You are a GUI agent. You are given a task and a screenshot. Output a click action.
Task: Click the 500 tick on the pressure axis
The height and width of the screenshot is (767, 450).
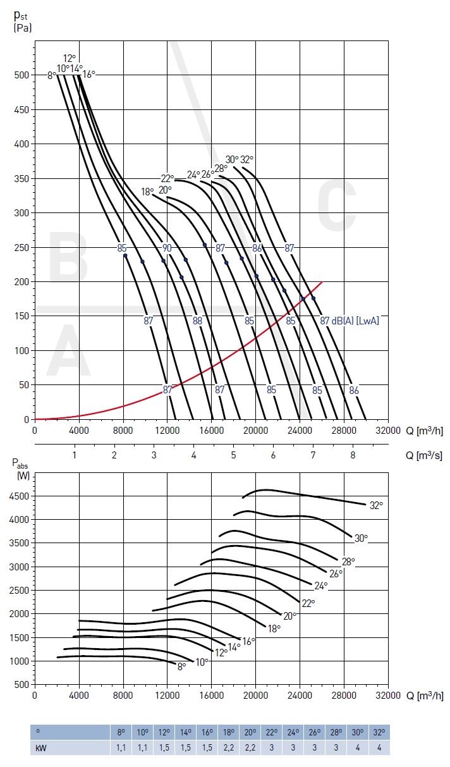(x=21, y=75)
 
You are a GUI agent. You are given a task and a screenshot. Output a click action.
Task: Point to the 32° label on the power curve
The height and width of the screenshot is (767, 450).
(x=377, y=505)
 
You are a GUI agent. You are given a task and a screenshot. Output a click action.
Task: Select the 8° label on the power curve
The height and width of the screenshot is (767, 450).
(x=182, y=666)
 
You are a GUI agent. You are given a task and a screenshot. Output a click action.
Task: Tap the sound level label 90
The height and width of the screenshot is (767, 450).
(x=167, y=248)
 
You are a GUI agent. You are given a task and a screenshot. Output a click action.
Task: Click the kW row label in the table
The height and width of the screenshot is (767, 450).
(x=42, y=747)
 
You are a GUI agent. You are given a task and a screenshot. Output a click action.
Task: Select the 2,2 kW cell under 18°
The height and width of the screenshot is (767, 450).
(x=228, y=747)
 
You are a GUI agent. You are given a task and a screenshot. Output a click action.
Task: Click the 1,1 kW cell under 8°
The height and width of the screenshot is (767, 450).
(x=121, y=747)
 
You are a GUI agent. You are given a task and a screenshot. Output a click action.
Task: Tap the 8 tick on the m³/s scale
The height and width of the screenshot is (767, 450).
(x=353, y=455)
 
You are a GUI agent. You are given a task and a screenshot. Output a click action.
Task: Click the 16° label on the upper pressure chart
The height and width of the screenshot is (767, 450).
(x=89, y=75)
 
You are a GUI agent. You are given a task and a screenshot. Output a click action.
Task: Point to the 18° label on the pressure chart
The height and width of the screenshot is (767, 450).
(x=147, y=192)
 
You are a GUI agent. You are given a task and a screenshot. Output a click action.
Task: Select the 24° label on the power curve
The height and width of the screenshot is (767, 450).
(x=321, y=586)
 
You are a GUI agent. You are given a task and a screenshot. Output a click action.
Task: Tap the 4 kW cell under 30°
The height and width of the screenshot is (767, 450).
(x=357, y=747)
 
